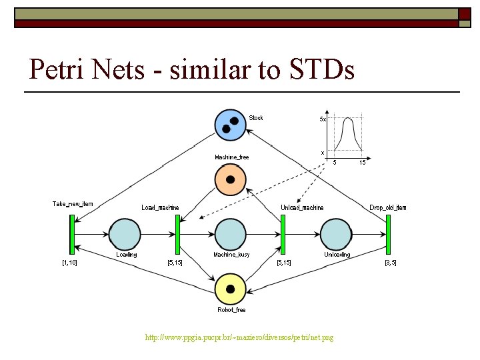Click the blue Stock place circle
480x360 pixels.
(230, 125)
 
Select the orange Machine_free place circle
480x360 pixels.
(231, 179)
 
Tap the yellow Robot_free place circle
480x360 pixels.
(231, 289)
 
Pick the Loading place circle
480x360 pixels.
(125, 234)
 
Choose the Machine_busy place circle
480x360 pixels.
(231, 234)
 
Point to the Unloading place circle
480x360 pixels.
(335, 234)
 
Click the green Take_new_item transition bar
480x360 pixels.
(71, 234)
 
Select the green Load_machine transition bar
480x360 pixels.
(177, 234)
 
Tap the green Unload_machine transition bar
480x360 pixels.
(283, 234)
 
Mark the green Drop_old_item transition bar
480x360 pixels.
(388, 234)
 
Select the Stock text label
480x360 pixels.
(256, 118)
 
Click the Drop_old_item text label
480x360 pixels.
(387, 208)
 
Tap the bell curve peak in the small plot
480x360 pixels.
(347, 121)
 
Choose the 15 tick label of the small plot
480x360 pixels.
(362, 162)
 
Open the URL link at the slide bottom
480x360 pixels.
(239, 338)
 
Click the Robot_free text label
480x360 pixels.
(231, 310)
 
